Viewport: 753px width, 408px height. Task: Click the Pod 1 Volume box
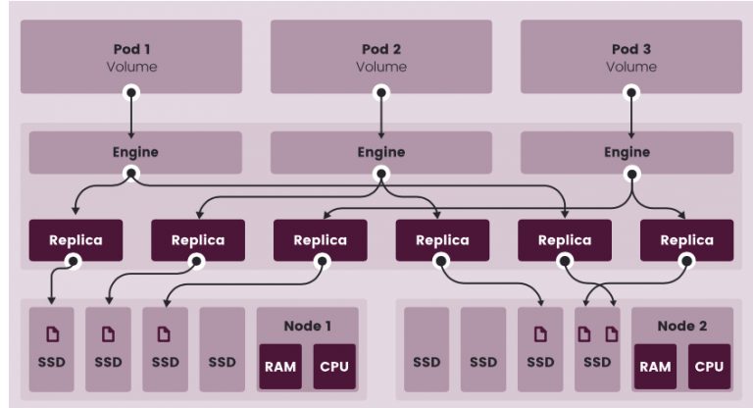point(131,57)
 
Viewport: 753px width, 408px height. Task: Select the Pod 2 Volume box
point(381,57)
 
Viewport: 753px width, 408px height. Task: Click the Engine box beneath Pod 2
point(381,153)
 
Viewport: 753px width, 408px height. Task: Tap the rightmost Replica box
point(686,240)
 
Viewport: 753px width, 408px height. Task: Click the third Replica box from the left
point(320,240)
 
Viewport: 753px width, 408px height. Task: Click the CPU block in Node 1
point(333,367)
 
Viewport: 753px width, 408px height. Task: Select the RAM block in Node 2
point(654,367)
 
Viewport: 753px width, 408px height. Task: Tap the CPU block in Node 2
point(709,367)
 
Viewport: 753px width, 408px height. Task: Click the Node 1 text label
point(306,325)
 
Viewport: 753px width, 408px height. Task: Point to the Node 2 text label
point(681,325)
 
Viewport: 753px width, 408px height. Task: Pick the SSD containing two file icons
point(598,348)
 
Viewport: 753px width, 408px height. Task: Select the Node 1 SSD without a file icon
point(222,348)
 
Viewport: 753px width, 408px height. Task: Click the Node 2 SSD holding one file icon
point(541,348)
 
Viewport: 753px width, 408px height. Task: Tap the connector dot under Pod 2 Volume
point(381,92)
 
